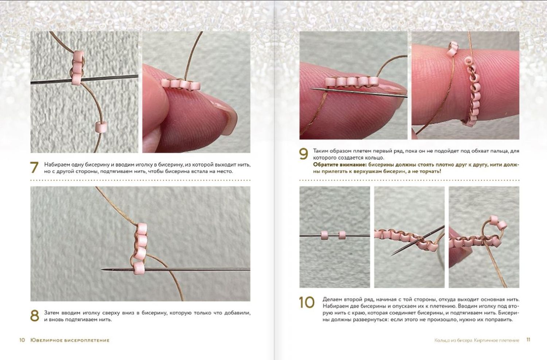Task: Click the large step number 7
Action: pyautogui.click(x=34, y=167)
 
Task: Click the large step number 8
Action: pyautogui.click(x=34, y=316)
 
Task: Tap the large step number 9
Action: pyautogui.click(x=303, y=154)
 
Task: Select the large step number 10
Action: pyautogui.click(x=307, y=302)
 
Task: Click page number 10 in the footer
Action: pyautogui.click(x=22, y=340)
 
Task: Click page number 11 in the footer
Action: pyautogui.click(x=528, y=340)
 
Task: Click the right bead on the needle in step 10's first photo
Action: pyautogui.click(x=342, y=235)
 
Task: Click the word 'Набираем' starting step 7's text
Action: pyautogui.click(x=56, y=165)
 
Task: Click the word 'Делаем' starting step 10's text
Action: pyautogui.click(x=332, y=299)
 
